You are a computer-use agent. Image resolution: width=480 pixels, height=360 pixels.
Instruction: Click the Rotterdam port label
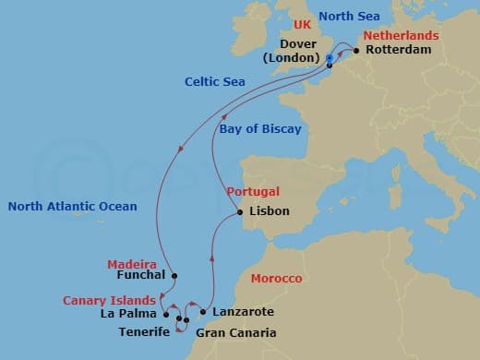pyautogui.click(x=399, y=50)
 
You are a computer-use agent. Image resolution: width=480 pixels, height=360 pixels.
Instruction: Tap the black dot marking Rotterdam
pyautogui.click(x=355, y=50)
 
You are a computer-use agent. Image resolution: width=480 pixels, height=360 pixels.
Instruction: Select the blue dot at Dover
pyautogui.click(x=330, y=58)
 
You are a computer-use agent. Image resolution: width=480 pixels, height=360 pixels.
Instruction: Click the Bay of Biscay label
pyautogui.click(x=260, y=129)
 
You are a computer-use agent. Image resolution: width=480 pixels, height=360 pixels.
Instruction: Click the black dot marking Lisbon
pyautogui.click(x=240, y=212)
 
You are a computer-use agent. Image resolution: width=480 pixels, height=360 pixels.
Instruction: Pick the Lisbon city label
pyautogui.click(x=270, y=211)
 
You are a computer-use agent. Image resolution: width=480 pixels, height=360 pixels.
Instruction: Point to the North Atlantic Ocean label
pyautogui.click(x=72, y=206)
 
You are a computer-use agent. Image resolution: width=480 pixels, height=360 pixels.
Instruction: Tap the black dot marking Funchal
pyautogui.click(x=174, y=275)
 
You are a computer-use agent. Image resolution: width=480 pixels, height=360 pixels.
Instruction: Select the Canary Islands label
pyautogui.click(x=108, y=300)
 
